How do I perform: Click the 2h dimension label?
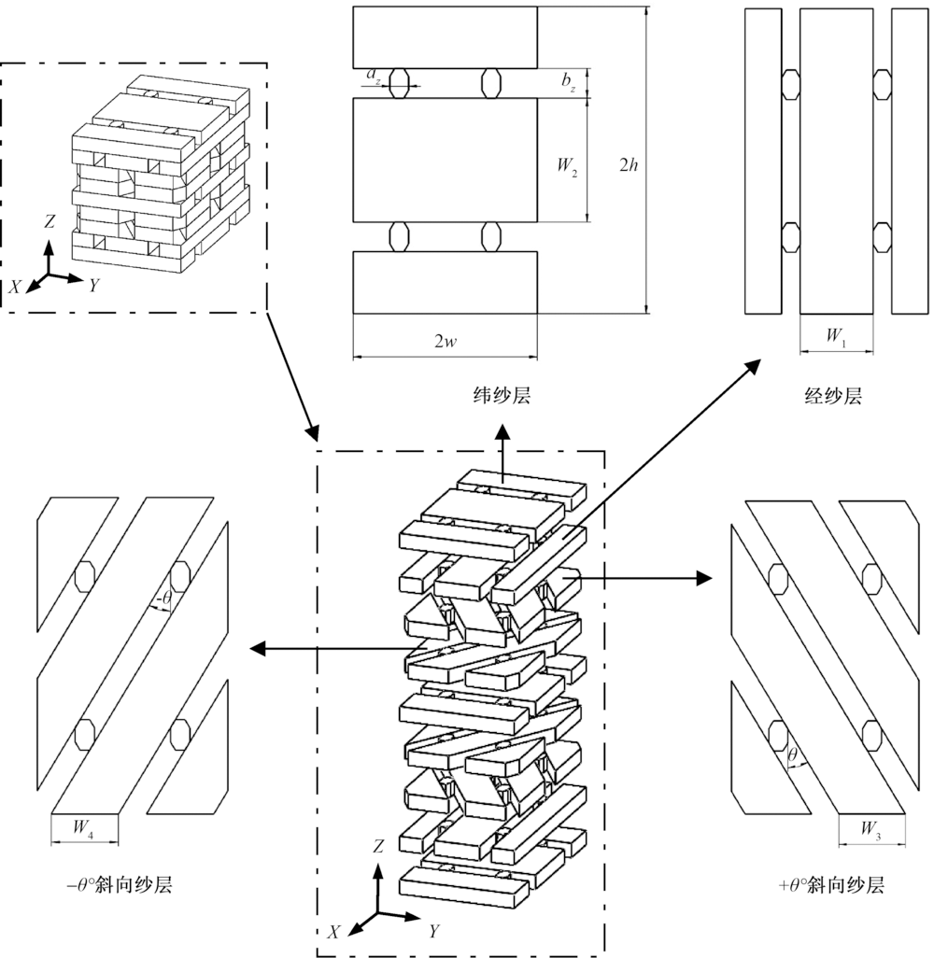629,165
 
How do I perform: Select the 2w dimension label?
445,342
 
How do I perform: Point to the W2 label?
567,166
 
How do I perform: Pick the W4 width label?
83,828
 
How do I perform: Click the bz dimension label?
568,82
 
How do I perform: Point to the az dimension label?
373,75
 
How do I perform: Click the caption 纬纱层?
502,395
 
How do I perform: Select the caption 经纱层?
833,396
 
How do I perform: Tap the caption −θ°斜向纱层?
120,884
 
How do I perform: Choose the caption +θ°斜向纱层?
832,884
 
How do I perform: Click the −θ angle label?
163,600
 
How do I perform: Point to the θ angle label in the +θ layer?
792,755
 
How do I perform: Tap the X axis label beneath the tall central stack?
333,932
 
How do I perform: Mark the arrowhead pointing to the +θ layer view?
705,577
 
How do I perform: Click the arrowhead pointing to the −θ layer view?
259,648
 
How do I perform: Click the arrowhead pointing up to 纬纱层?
502,430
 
